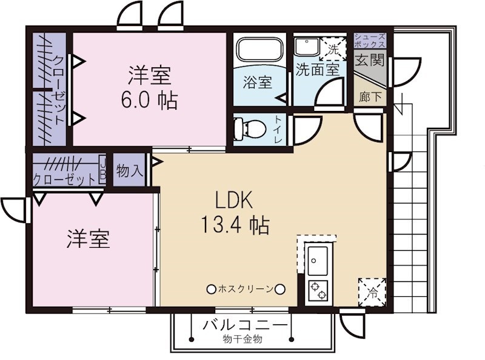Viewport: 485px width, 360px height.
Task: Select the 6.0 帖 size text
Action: (149, 99)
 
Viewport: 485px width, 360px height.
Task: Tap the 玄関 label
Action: (369, 60)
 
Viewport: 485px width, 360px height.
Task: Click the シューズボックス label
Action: (369, 41)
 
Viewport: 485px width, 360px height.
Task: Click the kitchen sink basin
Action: (318, 261)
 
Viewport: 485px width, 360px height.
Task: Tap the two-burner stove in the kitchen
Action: (318, 291)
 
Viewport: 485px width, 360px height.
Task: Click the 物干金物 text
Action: (242, 339)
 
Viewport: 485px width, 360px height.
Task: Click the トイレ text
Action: (279, 128)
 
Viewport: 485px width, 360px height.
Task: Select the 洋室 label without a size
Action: (88, 239)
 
